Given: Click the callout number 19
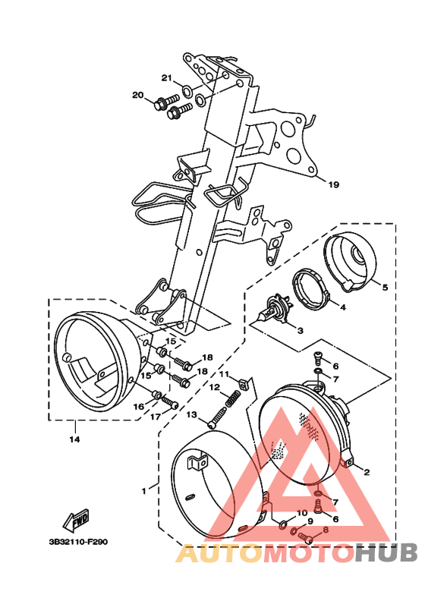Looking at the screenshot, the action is point(334,184).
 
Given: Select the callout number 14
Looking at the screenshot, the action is point(74,439).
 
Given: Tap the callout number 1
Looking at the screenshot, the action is point(144,491).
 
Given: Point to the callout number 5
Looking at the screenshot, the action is point(385,287).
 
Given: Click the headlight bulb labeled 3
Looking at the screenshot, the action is point(275,309).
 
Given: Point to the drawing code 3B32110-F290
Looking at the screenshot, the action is point(78,542).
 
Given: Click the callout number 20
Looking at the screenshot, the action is point(137,95).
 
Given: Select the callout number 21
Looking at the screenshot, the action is point(167,78).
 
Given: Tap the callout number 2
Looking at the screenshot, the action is point(367,472).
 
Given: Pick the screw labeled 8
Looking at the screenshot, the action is point(307,538).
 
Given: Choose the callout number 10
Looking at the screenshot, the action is point(302,513).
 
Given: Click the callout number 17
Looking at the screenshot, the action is point(156,417).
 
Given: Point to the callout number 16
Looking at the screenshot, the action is point(138,407).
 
